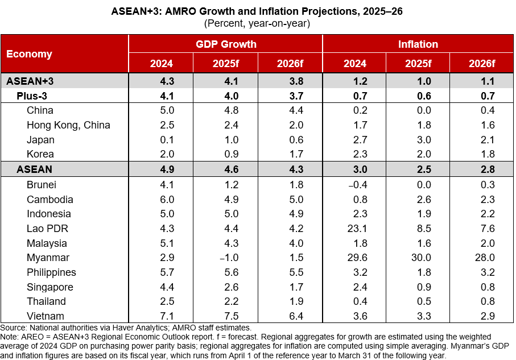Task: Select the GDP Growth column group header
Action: [226, 44]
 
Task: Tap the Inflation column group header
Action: [418, 44]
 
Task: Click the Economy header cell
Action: [29, 54]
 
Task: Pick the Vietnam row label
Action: [46, 316]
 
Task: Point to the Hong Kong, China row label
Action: [68, 125]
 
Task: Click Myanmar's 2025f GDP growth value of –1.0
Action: [225, 258]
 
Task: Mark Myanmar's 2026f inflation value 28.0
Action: [482, 258]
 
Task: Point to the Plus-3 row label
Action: [34, 96]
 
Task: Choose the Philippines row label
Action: [51, 272]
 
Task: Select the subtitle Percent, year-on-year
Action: [258, 23]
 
